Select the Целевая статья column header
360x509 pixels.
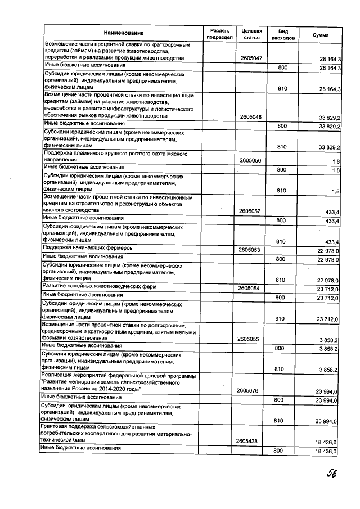[x=249, y=34]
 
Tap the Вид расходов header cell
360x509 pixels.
[x=278, y=34]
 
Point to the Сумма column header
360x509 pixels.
[x=321, y=34]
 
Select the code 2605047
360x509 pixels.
[x=251, y=58]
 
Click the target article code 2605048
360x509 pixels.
[x=251, y=116]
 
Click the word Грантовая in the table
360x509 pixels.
[x=56, y=427]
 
